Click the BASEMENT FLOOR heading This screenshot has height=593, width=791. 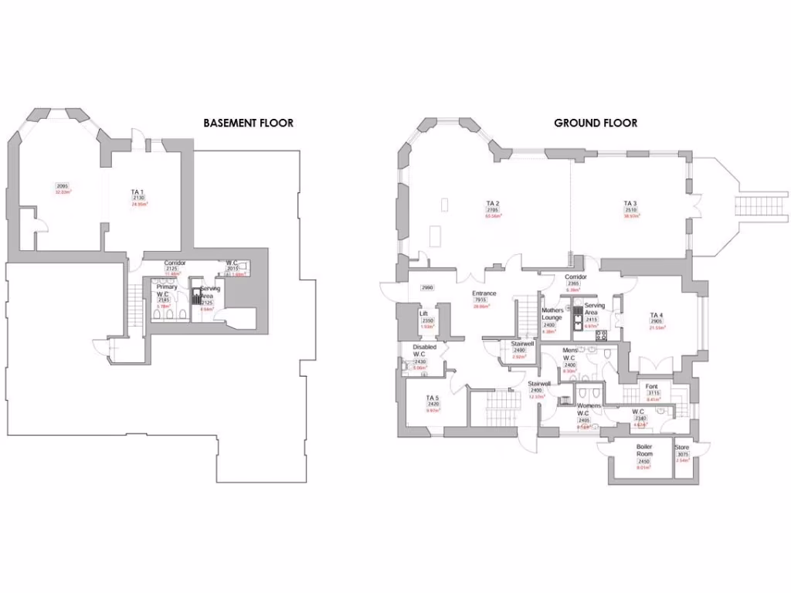(x=248, y=123)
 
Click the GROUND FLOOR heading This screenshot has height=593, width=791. (x=596, y=123)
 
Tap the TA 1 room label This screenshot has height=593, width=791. (x=137, y=191)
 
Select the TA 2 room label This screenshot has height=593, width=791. (x=493, y=203)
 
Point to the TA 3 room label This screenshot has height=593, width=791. (x=630, y=203)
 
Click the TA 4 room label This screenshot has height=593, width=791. (x=656, y=314)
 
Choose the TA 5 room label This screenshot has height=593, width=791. (x=433, y=398)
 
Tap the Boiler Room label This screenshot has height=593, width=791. (x=644, y=450)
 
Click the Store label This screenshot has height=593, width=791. (x=681, y=448)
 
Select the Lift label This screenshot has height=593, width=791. (x=423, y=313)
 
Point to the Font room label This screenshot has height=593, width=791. (x=653, y=386)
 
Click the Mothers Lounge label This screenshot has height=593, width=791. (x=551, y=314)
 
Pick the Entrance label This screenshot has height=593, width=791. (x=484, y=293)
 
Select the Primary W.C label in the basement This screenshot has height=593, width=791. (x=167, y=291)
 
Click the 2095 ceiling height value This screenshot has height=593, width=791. (x=63, y=185)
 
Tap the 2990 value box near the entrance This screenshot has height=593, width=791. (x=427, y=287)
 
